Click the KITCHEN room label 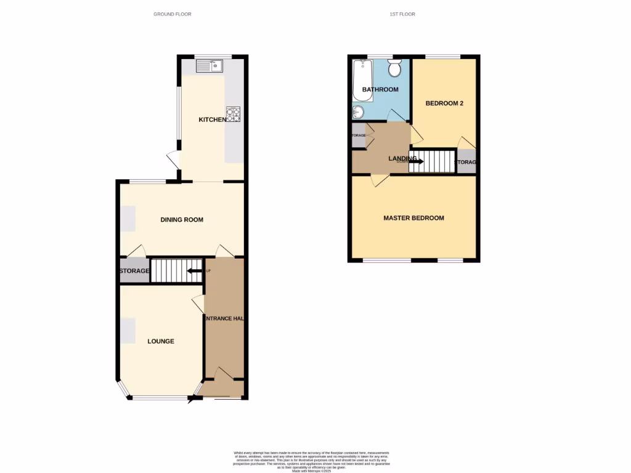(x=213, y=119)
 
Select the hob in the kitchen (x=234, y=115)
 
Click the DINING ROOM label (x=182, y=220)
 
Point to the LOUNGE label (x=161, y=341)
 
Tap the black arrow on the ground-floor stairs (x=195, y=270)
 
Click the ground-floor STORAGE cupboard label (x=134, y=271)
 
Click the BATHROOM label (x=380, y=90)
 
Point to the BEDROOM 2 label (x=444, y=103)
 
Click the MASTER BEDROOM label (x=413, y=218)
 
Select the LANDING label (x=399, y=158)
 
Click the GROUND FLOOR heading (x=173, y=14)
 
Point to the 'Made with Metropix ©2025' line (x=315, y=471)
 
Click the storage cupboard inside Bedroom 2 (x=466, y=162)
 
